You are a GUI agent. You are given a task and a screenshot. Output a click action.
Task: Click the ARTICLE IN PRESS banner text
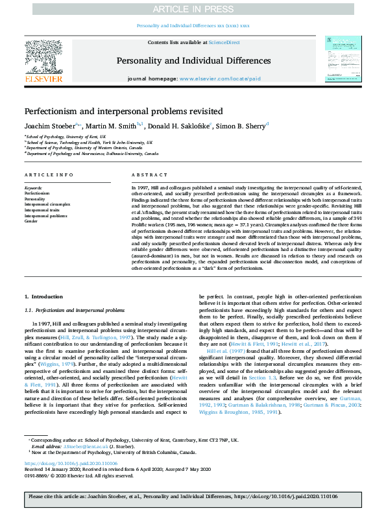coord(193,9)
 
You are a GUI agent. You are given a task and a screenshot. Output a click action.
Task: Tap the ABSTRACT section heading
coord(145,175)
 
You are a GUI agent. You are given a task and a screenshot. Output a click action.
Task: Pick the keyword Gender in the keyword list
coord(31,221)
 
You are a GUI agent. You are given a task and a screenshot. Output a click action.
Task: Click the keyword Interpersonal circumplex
coord(47,204)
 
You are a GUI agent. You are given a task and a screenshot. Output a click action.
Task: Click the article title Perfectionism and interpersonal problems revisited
coord(124,111)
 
